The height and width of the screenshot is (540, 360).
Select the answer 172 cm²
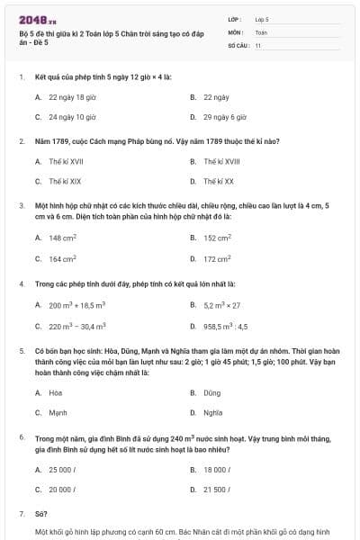pos(217,258)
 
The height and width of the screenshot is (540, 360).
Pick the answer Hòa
pos(56,392)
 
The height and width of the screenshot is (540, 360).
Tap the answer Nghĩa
pos(212,412)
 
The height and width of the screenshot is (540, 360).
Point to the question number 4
pos(21,283)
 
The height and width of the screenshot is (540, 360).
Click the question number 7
pos(21,513)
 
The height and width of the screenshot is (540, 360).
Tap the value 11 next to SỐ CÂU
pos(257,43)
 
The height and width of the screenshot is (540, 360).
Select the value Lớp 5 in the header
pos(261,18)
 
